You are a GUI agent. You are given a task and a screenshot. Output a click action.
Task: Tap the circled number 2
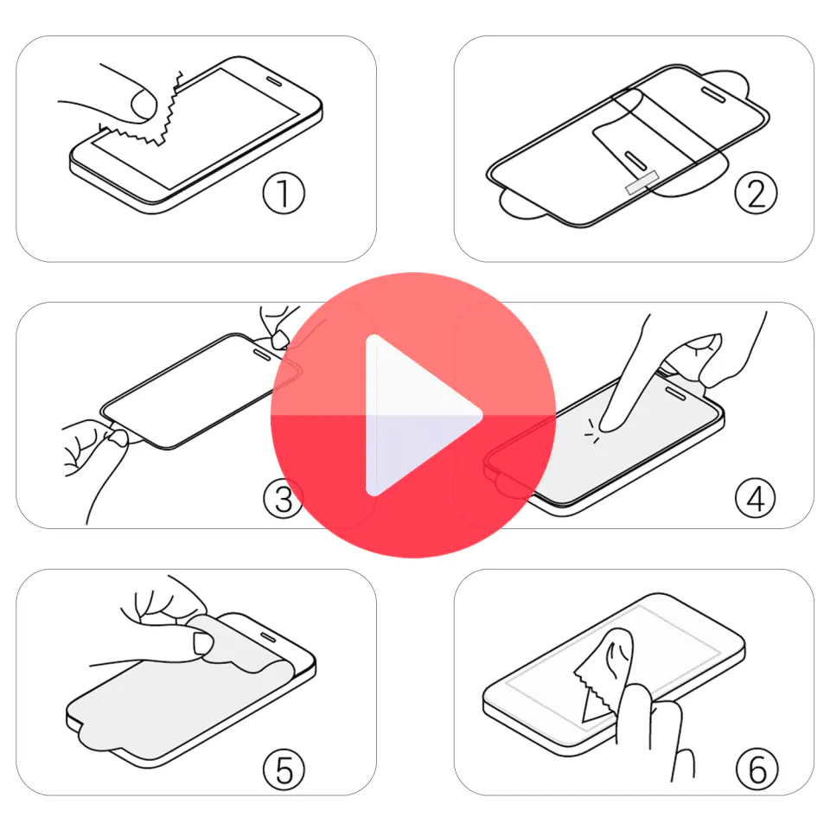click(756, 193)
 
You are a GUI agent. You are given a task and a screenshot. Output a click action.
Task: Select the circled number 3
click(284, 498)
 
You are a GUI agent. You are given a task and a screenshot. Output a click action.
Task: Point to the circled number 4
click(756, 498)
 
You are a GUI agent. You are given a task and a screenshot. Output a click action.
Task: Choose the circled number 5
click(284, 769)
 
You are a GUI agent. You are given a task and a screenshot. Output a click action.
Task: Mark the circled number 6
click(757, 769)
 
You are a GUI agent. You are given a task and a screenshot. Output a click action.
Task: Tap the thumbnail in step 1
click(143, 104)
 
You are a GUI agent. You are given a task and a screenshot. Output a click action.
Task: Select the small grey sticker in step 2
click(642, 182)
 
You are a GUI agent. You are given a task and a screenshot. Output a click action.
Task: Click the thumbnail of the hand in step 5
click(202, 642)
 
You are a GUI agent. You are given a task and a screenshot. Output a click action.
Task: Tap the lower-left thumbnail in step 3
click(118, 437)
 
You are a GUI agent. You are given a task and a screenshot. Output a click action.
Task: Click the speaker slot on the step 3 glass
click(262, 354)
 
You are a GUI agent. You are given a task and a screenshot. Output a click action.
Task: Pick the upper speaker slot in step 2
click(713, 94)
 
